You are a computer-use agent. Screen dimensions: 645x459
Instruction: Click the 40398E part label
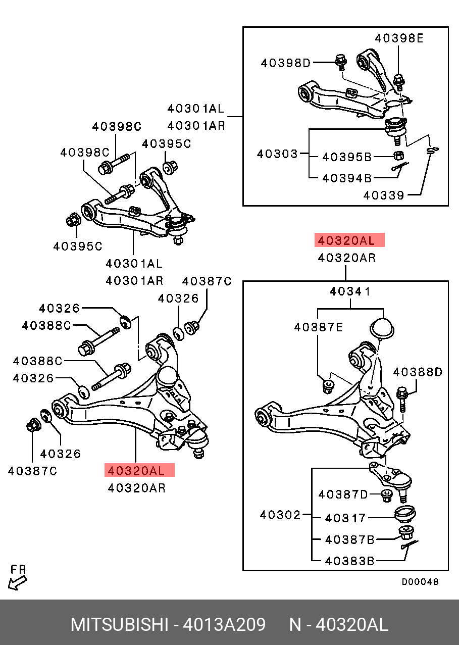pos(399,37)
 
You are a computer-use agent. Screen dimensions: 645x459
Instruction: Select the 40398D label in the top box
pos(286,63)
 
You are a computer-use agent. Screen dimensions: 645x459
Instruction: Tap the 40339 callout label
pos(384,195)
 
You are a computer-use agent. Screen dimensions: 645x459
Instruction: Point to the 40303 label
pos(277,153)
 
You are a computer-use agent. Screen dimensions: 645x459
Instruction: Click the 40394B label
pos(347,177)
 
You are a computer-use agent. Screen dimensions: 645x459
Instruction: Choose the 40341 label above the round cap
pos(350,291)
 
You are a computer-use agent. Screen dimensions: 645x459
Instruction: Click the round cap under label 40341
pos(382,327)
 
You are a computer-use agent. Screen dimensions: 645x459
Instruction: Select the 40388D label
pos(418,372)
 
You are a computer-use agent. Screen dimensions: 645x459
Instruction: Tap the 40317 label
pos(345,518)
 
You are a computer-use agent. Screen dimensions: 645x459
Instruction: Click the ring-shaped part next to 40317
pos(404,513)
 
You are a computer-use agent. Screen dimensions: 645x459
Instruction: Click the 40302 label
pos(280,515)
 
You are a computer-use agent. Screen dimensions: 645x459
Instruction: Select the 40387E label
pos(319,327)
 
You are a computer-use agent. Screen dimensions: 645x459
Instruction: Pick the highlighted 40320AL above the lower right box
pos(349,240)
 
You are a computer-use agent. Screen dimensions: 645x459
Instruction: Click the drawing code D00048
pos(420,582)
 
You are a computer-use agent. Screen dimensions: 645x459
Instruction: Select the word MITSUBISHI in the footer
pos(119,625)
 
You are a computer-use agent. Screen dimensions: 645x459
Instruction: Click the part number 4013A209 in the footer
pos(224,625)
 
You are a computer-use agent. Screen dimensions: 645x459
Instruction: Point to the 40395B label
pos(347,157)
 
